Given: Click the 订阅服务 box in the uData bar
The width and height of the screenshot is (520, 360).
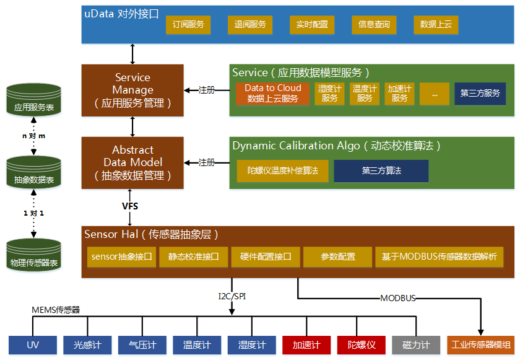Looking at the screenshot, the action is (188, 25).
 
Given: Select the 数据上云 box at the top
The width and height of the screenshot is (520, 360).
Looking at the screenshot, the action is (436, 25).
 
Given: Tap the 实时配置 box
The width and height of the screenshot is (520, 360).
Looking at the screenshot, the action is (312, 25).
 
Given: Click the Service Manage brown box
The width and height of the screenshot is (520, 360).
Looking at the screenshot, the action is (132, 90).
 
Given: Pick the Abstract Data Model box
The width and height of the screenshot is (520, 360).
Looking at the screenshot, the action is (132, 163).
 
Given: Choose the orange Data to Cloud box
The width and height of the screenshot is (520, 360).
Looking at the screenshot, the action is (272, 94).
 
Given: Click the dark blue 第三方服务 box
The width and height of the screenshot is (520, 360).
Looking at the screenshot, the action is (480, 94).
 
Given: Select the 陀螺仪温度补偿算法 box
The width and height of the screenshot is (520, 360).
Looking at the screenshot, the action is (282, 171).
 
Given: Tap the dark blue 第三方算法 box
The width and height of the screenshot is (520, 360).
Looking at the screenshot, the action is (381, 171).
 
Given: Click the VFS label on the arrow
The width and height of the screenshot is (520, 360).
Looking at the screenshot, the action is (130, 206).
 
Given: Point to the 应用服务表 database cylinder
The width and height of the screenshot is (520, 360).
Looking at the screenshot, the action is (34, 100).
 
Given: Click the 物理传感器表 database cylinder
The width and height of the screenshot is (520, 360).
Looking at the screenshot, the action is (34, 255).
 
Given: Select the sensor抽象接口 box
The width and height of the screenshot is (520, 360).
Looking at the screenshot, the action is (121, 257).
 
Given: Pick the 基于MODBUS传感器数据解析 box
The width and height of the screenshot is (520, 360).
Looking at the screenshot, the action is (439, 257).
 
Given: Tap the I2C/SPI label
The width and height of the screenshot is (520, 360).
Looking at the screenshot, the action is (232, 296).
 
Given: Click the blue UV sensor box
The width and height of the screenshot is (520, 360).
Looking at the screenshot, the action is (33, 345).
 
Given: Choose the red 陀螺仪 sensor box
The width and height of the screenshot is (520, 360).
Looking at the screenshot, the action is (361, 345).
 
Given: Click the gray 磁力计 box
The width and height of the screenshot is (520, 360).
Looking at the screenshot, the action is (416, 345).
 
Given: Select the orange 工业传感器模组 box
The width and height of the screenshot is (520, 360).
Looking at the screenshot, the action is (480, 345).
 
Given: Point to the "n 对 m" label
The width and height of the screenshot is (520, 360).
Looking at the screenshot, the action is (33, 136).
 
